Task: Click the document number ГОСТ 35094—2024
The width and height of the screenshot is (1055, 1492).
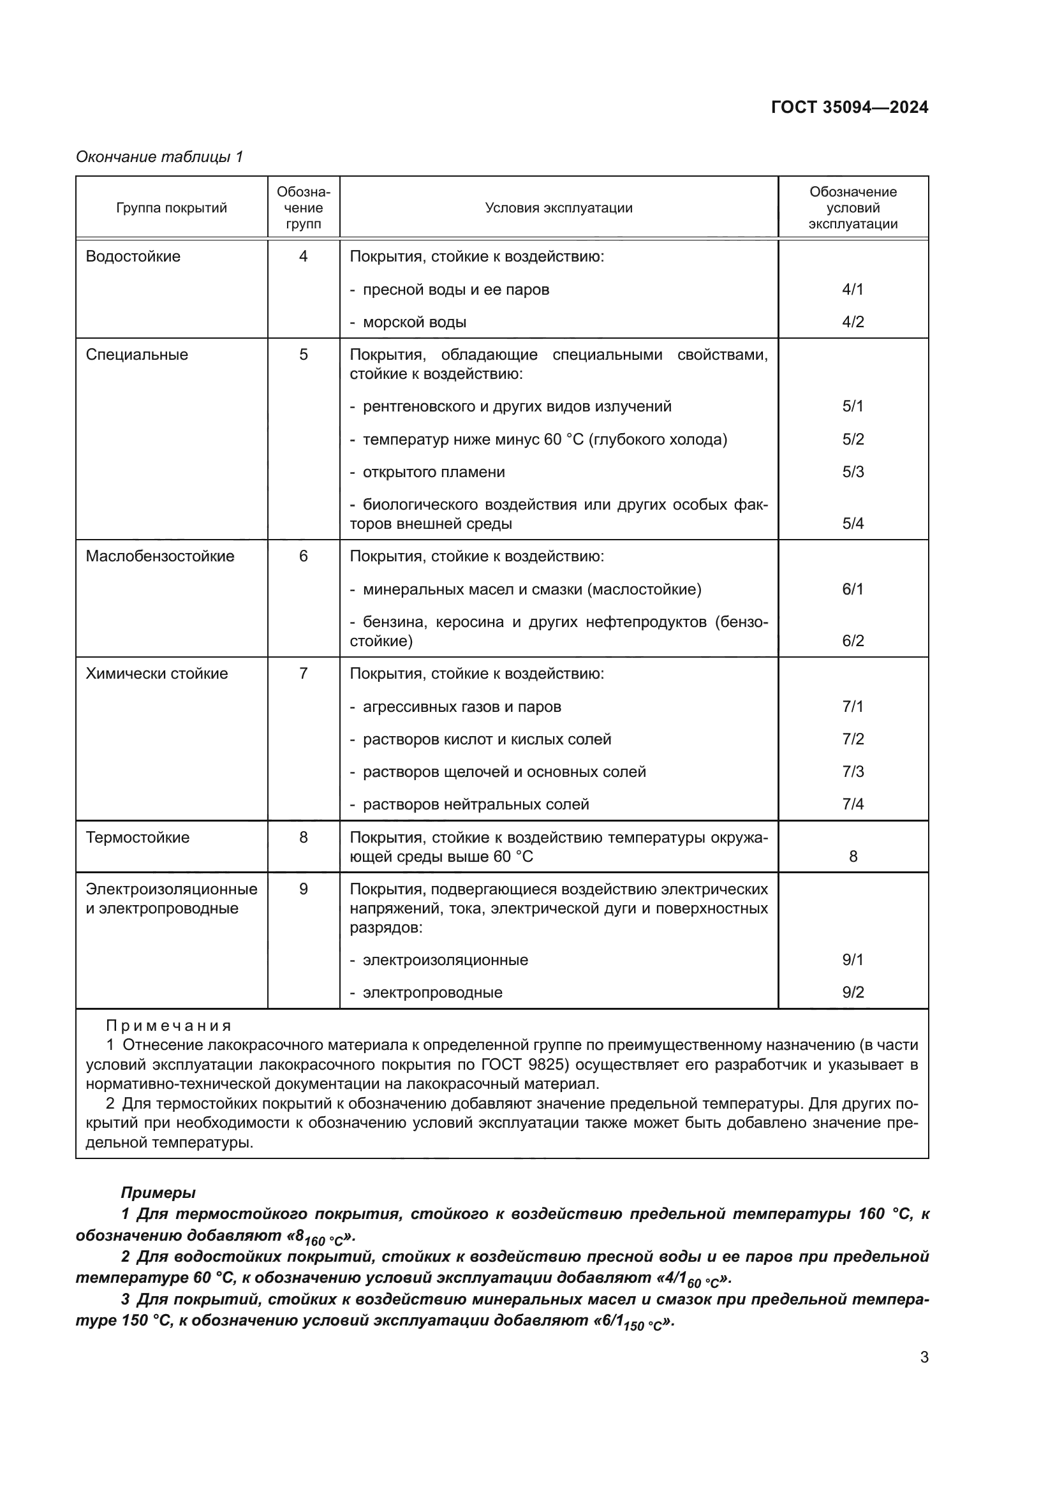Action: click(x=849, y=107)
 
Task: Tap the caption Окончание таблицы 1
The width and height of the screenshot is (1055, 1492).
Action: click(x=159, y=157)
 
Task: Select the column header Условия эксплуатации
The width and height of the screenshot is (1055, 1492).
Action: click(x=558, y=208)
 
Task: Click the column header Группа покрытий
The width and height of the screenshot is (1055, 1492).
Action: click(x=172, y=208)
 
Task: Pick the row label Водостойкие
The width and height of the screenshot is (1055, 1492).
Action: click(x=133, y=256)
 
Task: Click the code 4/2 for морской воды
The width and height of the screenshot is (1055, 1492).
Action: click(x=852, y=322)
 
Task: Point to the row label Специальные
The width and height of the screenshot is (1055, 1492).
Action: click(x=136, y=355)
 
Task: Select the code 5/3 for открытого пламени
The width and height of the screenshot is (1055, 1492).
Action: click(x=852, y=472)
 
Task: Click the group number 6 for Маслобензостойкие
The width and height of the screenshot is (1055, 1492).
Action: click(x=303, y=556)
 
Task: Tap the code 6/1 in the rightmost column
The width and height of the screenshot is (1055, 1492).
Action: click(x=852, y=589)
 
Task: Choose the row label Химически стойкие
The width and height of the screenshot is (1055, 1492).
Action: click(x=156, y=674)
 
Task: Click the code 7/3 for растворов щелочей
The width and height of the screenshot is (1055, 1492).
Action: click(x=852, y=772)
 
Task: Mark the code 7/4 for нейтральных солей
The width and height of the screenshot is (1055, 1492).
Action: click(x=852, y=804)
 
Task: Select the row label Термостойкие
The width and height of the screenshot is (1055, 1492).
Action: click(x=137, y=838)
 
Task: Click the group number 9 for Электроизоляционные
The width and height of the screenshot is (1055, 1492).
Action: click(x=303, y=889)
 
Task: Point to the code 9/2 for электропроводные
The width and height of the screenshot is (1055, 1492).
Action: click(x=852, y=993)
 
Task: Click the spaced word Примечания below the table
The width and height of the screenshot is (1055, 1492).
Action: click(x=168, y=1026)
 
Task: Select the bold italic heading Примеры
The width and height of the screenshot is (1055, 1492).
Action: click(x=158, y=1192)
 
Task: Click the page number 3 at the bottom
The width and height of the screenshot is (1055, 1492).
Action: click(x=924, y=1357)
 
